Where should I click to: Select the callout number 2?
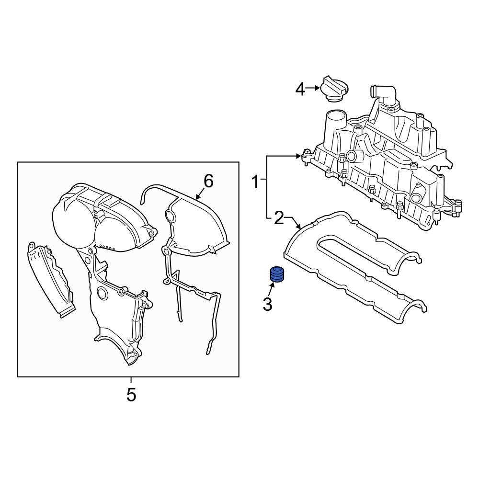279,218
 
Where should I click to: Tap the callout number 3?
267,303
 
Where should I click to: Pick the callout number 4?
300,89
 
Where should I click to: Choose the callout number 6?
208,181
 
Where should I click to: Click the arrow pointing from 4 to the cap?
313,88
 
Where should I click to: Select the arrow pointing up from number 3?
272,288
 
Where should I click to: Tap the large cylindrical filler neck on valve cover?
335,125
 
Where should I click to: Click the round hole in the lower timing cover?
102,293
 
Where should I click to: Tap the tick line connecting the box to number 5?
131,380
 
